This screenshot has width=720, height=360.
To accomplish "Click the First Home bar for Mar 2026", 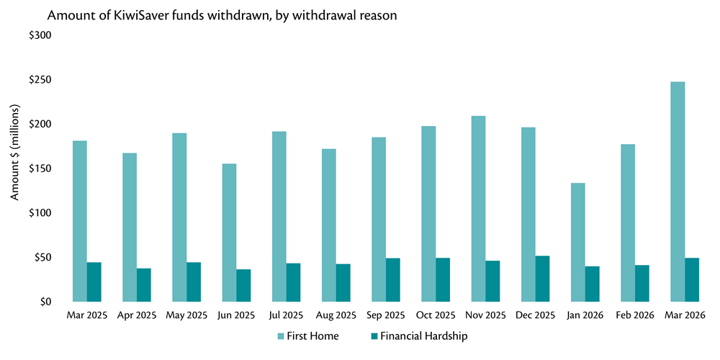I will click(x=677, y=192).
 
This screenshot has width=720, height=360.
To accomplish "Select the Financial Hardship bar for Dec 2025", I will click(x=542, y=279).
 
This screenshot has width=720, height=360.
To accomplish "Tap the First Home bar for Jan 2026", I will click(x=577, y=242).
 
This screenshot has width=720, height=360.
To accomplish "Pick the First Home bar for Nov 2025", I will click(x=478, y=209).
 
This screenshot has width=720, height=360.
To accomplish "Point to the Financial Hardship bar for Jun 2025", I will click(x=244, y=285).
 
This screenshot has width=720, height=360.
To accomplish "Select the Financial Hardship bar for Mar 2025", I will click(x=94, y=282).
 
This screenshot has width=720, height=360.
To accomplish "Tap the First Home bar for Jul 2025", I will click(x=279, y=216).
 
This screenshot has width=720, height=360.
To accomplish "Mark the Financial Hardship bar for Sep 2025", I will click(x=393, y=279).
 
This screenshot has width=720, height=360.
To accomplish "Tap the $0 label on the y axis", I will click(x=45, y=302).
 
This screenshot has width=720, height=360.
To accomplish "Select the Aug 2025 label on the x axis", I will click(x=336, y=315).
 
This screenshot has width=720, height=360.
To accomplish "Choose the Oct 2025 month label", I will click(x=436, y=315).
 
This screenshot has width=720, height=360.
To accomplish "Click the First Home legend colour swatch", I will click(x=282, y=336).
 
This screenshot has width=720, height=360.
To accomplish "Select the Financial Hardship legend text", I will click(x=424, y=336).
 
